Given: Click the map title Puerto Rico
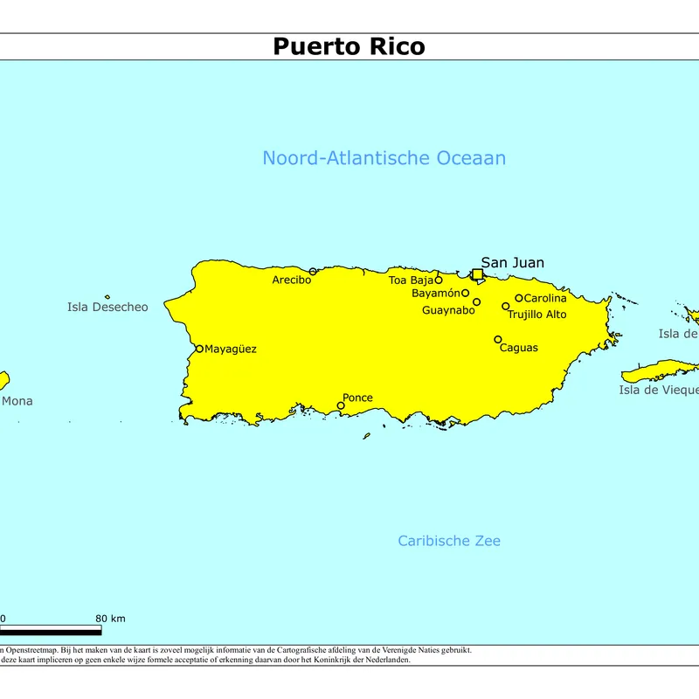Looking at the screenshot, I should pos(349,45).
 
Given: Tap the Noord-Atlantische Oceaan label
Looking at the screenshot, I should pos(384,158).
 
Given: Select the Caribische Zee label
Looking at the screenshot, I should pos(449,541).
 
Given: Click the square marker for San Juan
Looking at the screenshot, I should pos(477,274).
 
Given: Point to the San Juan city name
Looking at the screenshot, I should pos(512,262).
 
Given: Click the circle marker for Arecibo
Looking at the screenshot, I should pos(313,272).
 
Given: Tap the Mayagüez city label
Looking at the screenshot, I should pos(231,349).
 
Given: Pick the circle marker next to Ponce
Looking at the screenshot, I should pos(341,405).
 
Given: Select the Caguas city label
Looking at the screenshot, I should pos(518,348).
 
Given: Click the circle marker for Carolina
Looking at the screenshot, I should pos(518,298).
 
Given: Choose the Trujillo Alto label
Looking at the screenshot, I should pos(537,315).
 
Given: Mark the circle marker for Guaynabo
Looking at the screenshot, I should pos(476,302).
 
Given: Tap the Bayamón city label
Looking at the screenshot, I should pos(435,294).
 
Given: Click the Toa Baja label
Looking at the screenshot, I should pos(411,280).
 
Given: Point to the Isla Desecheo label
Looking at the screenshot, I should pos(107,307).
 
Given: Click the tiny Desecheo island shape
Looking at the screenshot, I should pos(107,297).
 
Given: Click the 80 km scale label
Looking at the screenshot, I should pos(110,619).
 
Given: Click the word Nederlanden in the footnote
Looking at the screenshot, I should pos(385,660).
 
